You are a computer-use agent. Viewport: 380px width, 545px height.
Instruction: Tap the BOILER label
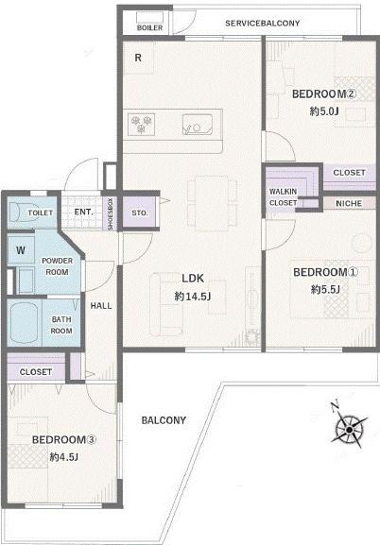click(x=149, y=27)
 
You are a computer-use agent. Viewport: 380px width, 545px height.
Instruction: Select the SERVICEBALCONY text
click(x=263, y=24)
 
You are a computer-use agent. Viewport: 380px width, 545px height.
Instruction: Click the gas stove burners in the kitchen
click(x=141, y=125)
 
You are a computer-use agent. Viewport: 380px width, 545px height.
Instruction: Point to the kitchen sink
click(x=198, y=125)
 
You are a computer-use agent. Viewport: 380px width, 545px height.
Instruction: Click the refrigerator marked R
click(x=139, y=58)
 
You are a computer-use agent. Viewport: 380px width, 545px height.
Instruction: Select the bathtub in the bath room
click(x=25, y=322)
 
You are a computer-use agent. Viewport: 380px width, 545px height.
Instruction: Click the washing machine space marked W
click(x=21, y=250)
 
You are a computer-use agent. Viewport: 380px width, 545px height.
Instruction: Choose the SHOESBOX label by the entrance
click(x=111, y=213)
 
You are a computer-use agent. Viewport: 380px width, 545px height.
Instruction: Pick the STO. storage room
click(x=140, y=213)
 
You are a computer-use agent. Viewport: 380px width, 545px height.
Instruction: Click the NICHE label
click(x=349, y=204)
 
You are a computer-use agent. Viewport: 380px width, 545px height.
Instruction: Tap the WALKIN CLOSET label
click(x=284, y=197)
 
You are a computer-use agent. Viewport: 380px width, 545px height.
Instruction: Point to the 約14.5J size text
click(x=193, y=297)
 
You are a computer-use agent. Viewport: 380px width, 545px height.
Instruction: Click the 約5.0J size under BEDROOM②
click(x=324, y=111)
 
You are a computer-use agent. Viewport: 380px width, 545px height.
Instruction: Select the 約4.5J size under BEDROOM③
click(x=63, y=456)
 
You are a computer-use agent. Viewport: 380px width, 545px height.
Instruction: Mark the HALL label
click(x=101, y=306)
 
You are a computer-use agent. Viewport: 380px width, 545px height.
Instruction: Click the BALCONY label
click(x=164, y=420)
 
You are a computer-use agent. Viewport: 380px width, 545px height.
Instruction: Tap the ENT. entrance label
click(x=83, y=212)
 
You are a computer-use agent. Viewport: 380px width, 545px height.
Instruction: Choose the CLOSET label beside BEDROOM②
click(x=349, y=173)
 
